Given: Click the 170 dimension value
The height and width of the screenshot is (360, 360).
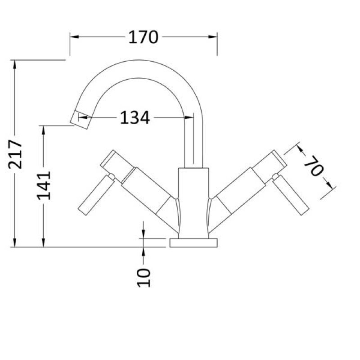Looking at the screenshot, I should click(144, 37).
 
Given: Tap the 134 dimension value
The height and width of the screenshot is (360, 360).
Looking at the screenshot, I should click(134, 118).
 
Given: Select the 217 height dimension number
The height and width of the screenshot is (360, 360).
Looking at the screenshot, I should click(15, 154).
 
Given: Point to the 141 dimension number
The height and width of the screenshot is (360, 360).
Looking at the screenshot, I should click(44, 185).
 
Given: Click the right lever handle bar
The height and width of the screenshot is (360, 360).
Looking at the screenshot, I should click(292, 196).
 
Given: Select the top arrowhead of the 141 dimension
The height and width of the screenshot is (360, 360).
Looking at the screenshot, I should click(44, 129).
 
